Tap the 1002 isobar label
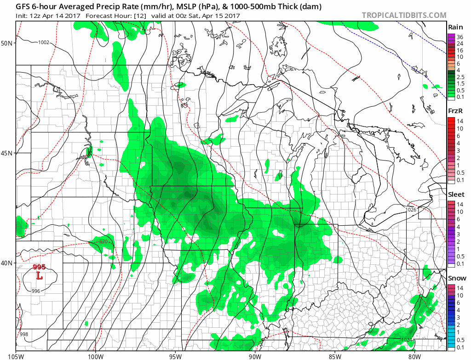pyautogui.click(x=44, y=42)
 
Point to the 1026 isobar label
pyautogui.click(x=411, y=210)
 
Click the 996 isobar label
pyautogui.click(x=36, y=291)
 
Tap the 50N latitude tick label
pyautogui.click(x=7, y=43)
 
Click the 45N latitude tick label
pyautogui.click(x=7, y=153)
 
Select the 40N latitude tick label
pyautogui.click(x=7, y=263)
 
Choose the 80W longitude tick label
pyautogui.click(x=414, y=355)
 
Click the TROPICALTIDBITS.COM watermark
pyautogui.click(x=404, y=15)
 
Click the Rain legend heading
pyautogui.click(x=455, y=27)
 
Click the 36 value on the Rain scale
pyautogui.click(x=459, y=36)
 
